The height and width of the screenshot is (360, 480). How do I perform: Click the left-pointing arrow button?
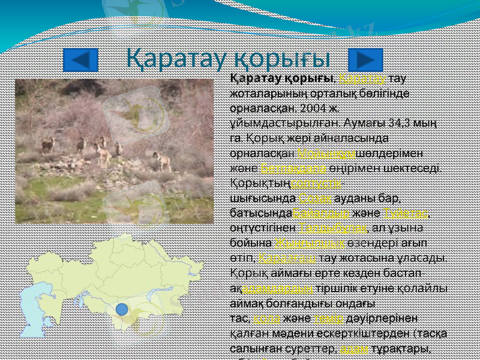click(80, 60)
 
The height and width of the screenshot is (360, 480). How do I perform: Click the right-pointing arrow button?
click(361, 60)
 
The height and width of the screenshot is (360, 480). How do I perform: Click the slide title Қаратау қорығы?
click(229, 58)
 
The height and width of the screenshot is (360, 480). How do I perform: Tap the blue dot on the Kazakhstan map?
click(121, 310)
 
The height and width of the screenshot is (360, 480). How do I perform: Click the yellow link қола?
click(265, 319)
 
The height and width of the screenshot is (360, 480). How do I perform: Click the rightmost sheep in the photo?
click(161, 161)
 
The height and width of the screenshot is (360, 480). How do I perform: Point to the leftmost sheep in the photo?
click(47, 145)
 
